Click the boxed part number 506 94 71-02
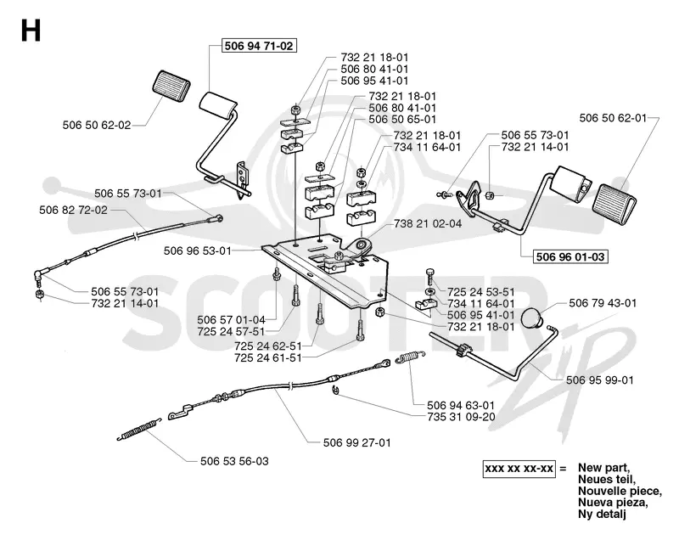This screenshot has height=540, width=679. point(259,46)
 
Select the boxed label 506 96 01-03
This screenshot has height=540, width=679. point(570,256)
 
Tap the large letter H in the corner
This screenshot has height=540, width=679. point(31,31)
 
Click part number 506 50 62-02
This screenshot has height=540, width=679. point(97,125)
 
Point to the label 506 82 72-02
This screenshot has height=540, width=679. point(73,210)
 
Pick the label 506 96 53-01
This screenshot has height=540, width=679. point(198,250)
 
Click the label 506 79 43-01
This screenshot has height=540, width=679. point(603,303)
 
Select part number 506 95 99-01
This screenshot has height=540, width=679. point(600,380)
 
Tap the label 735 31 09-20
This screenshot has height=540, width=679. point(461,417)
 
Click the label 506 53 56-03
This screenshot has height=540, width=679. point(234,461)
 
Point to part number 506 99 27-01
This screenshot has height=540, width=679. point(356,442)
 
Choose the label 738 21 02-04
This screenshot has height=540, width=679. point(428,224)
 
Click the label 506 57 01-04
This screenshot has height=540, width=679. point(231,320)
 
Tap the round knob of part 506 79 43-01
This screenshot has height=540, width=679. point(533,318)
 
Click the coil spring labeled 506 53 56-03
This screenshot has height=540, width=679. point(139,429)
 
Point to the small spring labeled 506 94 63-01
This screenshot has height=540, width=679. point(411,357)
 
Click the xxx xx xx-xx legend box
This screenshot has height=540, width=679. point(519,469)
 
